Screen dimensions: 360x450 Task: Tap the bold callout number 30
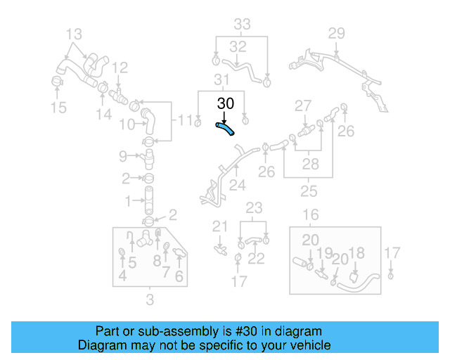[x=225, y=103]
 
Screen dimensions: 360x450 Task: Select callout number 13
[x=74, y=33]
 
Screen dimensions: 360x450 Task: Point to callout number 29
[x=337, y=33]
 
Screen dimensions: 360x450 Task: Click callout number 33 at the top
[x=242, y=25]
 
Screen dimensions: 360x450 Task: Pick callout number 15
[x=58, y=107]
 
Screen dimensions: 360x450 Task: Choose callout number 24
[x=238, y=186]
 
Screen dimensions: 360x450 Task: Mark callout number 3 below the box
[x=149, y=302]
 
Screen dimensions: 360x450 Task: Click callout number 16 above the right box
[x=311, y=215]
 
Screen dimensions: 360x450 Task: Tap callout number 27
[x=302, y=106]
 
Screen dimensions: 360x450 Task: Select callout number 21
[x=221, y=226]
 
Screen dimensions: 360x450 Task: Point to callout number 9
[x=122, y=155]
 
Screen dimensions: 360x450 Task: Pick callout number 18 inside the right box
[x=356, y=253]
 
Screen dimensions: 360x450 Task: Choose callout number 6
[x=179, y=276]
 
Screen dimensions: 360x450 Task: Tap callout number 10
[x=127, y=124]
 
